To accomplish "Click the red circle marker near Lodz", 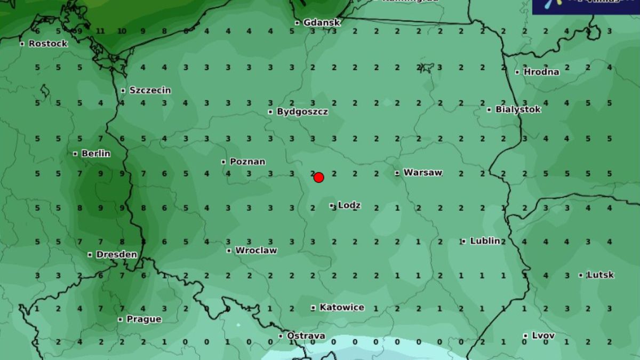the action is (318, 177).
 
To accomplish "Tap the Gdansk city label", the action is (322, 22).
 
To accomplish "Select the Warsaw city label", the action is (422, 172).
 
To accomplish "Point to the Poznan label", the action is (247, 161).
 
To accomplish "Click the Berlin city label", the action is (96, 154).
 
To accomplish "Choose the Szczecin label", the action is (150, 90).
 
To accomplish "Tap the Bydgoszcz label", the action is (302, 111).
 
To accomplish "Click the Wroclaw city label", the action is (256, 250).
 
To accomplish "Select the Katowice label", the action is (341, 307).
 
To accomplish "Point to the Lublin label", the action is (485, 241).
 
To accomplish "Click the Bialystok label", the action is (518, 109).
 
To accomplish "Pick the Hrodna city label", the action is (541, 71).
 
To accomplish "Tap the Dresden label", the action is (116, 254).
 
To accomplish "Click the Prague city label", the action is (143, 319).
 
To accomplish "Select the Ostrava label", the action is (306, 335).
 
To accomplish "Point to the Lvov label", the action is (543, 335).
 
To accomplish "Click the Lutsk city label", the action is (600, 275).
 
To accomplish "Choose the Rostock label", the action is (48, 43).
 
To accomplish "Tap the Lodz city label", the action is (349, 205).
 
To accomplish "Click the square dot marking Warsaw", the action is (397, 173).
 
